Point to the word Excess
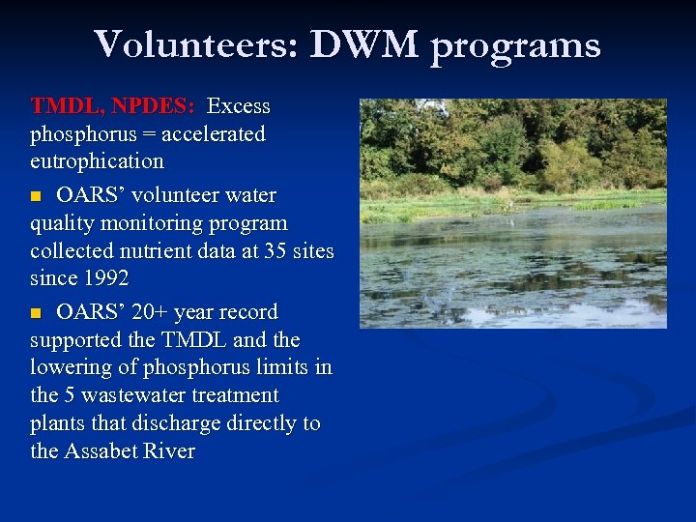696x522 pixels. (239, 105)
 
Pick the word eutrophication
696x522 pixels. (97, 160)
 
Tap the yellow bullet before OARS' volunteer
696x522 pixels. (37, 196)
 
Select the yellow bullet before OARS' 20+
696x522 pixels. (37, 313)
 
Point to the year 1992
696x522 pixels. (106, 279)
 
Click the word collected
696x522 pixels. (71, 251)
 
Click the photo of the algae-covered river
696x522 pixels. (512, 214)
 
